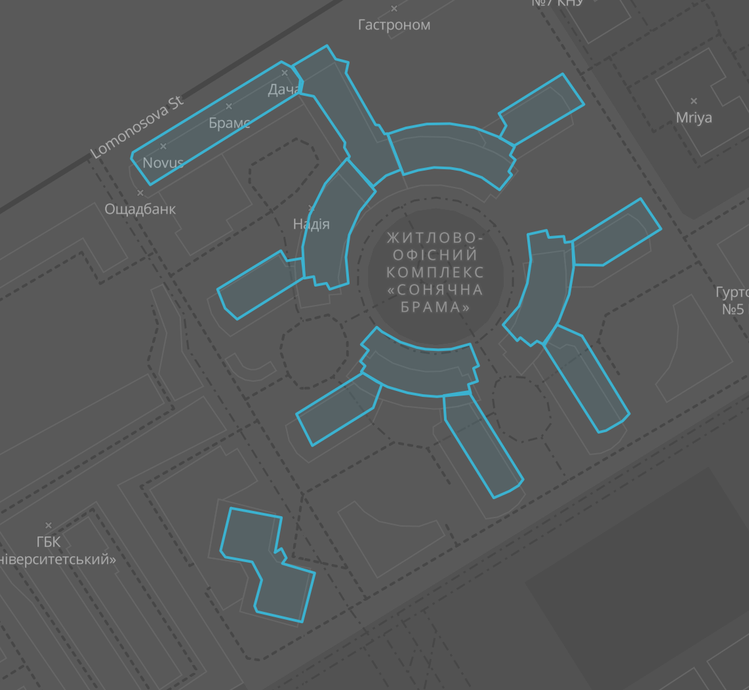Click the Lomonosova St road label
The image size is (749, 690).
[x=138, y=128]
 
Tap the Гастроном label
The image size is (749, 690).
[x=394, y=25]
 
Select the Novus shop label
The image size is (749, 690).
[x=163, y=162]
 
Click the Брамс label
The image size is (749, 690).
[x=230, y=123]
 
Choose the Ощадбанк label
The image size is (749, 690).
[x=140, y=209]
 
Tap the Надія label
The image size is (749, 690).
[x=312, y=224]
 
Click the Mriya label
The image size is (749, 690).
[x=694, y=118]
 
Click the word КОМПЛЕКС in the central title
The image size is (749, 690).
[x=435, y=272]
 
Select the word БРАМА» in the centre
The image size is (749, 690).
[x=435, y=307]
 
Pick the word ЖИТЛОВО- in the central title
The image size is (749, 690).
[x=435, y=237]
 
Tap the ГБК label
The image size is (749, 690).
[x=49, y=542]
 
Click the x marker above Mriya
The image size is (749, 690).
[x=694, y=101]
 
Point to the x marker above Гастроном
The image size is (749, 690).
[x=394, y=9]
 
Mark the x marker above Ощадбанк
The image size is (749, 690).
[x=140, y=193]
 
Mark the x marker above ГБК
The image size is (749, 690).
[x=49, y=525]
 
